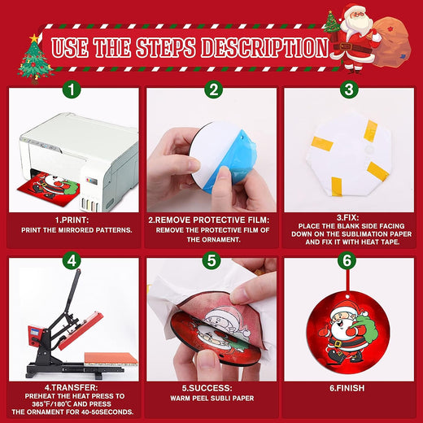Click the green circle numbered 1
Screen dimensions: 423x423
coord(72,89)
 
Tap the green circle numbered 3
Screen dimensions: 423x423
coord(349,89)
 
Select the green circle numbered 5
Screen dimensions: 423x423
coord(211,261)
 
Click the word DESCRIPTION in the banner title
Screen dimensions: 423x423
coord(264,48)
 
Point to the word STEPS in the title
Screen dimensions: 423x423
coord(166,48)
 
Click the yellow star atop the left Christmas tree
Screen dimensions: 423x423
coord(34,38)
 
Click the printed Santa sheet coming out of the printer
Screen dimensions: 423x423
coord(49,187)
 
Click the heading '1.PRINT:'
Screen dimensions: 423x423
coord(72,220)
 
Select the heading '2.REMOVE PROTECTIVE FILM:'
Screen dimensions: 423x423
coord(209,220)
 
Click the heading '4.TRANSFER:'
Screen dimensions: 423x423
coord(72,387)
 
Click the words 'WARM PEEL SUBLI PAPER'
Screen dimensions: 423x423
coord(212,399)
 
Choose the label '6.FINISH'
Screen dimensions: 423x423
coord(347,388)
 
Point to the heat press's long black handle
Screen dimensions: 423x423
coord(71,294)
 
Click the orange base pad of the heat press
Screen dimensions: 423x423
coord(111,358)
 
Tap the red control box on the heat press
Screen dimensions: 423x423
coord(36,337)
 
